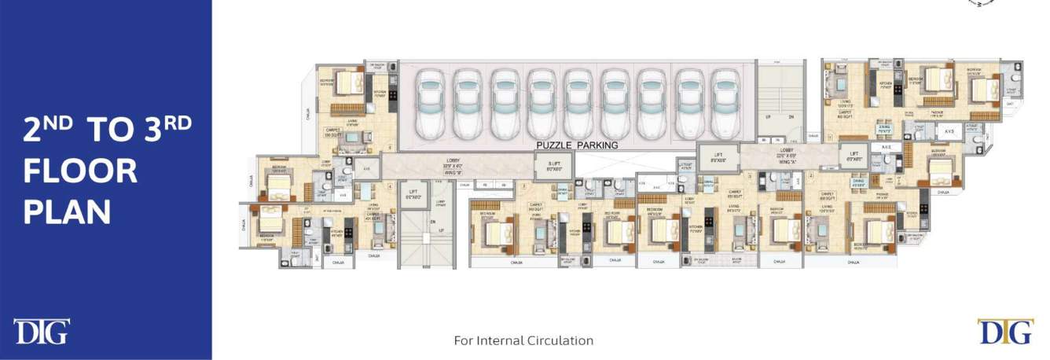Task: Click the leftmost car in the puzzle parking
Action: (430, 102)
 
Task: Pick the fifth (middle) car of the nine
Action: (578, 102)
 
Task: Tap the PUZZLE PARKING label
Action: (577, 145)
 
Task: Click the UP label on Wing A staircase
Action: (768, 116)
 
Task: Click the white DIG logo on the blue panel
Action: (41, 332)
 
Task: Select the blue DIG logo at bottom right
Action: (1005, 332)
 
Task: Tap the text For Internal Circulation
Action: (523, 341)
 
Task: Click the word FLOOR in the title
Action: (80, 171)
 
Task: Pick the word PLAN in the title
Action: (67, 211)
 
